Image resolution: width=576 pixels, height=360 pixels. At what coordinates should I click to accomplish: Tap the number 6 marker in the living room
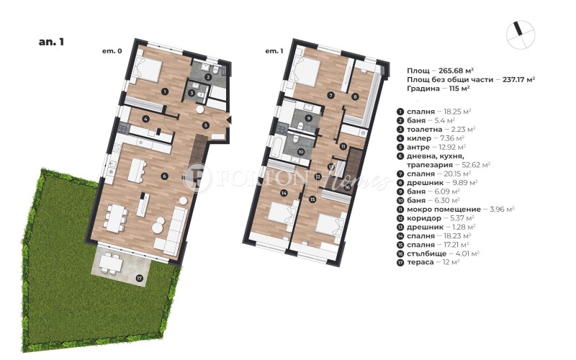[x=164, y=176]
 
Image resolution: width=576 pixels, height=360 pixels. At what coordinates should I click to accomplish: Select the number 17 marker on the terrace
[x=139, y=278]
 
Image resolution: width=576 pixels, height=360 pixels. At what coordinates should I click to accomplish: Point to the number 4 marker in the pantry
[x=146, y=119]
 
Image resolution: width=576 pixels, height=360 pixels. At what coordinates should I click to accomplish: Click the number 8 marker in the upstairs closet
[x=355, y=96]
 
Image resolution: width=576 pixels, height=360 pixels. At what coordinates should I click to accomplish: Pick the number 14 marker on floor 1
[x=284, y=192]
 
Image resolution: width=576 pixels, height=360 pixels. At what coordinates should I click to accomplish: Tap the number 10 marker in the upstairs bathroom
[x=301, y=151]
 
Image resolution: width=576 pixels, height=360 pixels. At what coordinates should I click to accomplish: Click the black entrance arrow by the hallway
[x=228, y=119]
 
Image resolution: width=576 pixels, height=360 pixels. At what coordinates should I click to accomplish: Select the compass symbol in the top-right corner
[x=521, y=35]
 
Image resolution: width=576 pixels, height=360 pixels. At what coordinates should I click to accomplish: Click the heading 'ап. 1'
[x=51, y=42]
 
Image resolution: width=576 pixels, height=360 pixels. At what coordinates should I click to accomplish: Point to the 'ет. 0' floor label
[x=112, y=51]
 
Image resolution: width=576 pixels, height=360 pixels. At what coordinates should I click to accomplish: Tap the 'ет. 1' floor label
[x=274, y=51]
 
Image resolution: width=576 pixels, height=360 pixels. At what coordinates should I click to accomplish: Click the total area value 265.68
[x=453, y=71]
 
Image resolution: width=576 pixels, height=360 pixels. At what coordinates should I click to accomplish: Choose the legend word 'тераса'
[x=420, y=262]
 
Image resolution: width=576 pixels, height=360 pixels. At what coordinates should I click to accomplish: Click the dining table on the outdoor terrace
[x=112, y=262]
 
